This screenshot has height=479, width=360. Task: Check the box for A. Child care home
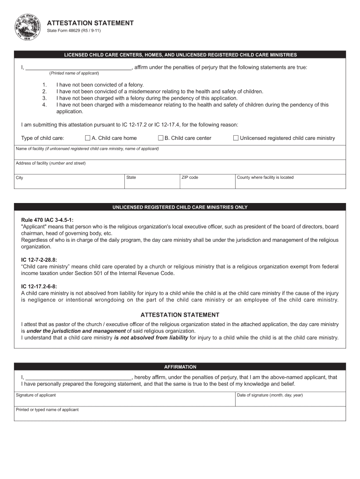pos(87,138)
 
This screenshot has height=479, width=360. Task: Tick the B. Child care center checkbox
pos(160,138)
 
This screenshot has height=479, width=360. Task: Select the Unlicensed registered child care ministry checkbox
pos(236,138)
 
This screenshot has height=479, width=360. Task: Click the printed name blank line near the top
pos(78,67)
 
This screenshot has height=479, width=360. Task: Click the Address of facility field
pos(180,169)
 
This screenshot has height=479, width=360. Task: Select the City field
pos(69,183)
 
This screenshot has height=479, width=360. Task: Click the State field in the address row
pos(152,183)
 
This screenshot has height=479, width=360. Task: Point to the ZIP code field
pos(208,183)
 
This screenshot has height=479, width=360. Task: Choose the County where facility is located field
pos(290,183)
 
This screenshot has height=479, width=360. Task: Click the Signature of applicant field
pos(125,400)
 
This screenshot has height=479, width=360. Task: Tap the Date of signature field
pos(290,400)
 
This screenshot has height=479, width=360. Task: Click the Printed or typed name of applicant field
pos(180,415)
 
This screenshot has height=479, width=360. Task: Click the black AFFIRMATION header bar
pos(180,367)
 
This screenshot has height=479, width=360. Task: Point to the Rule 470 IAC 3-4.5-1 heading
pos(47,220)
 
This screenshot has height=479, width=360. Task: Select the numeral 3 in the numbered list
pos(44,98)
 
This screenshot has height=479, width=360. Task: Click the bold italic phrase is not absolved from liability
pos(151,338)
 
